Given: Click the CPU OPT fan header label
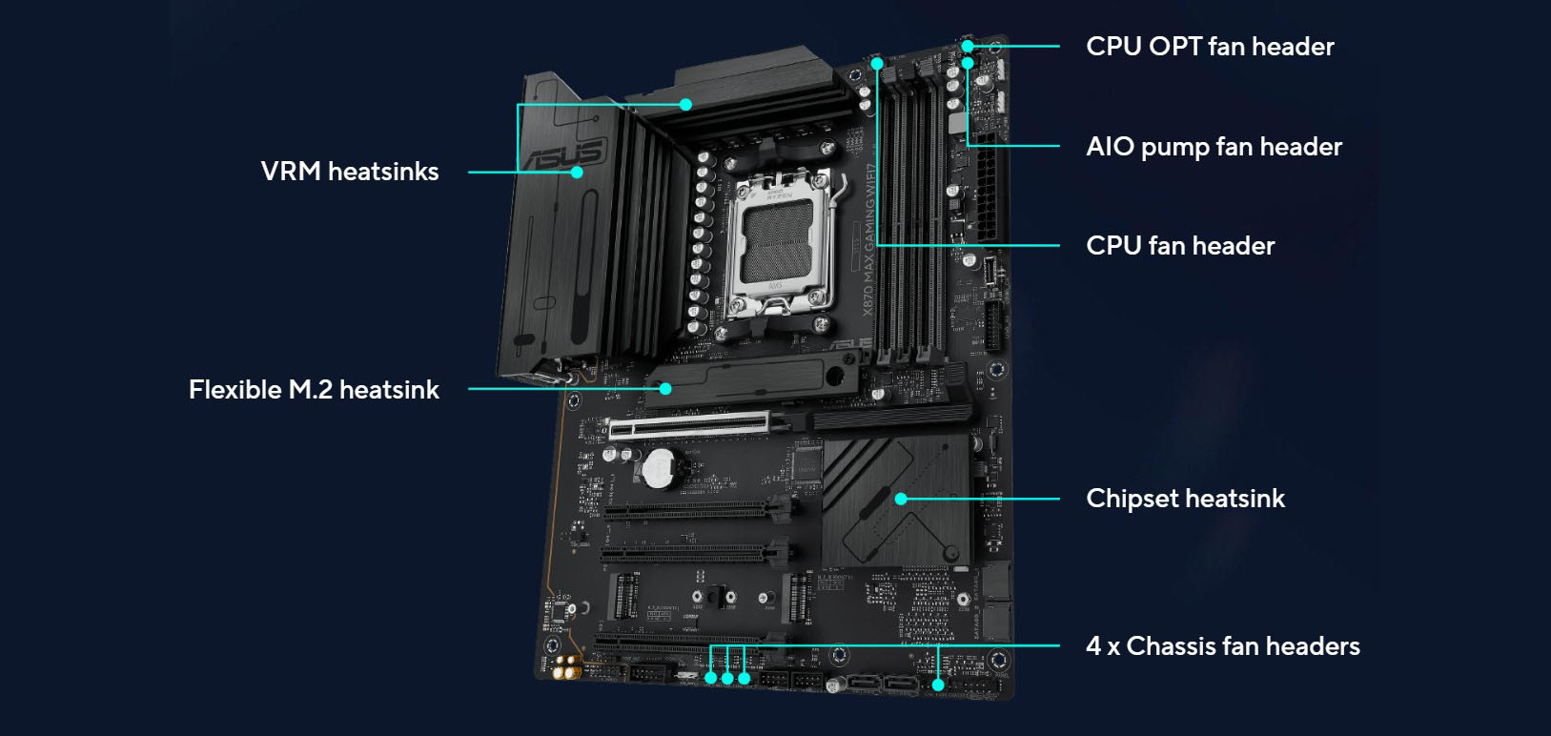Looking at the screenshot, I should [1209, 47].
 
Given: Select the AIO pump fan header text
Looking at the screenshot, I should [1214, 147].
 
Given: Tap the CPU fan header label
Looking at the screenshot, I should [1179, 246].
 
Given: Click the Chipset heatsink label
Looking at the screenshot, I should [1185, 499].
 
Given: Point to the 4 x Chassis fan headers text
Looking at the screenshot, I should [1222, 646].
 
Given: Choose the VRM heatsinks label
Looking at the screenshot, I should [350, 172].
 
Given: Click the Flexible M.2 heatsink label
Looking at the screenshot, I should [314, 390].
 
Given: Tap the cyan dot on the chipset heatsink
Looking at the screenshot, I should [901, 499].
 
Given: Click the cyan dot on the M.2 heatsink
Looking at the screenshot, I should [665, 389].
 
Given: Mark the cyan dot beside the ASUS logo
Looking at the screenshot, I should [577, 173].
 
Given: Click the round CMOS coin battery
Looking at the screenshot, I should [661, 467].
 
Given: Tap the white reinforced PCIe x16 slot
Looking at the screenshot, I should [701, 424].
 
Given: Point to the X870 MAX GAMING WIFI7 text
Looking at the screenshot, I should [868, 238].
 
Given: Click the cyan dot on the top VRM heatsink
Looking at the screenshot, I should [685, 105].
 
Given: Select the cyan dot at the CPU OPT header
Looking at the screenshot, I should [968, 46].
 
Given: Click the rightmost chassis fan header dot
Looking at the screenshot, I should [938, 685].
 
